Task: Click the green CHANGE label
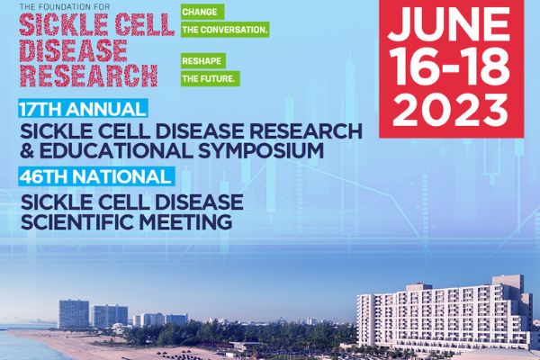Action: point(202,12)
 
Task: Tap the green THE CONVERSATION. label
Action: point(225,30)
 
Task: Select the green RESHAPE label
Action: point(203,61)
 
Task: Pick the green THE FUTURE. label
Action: point(210,79)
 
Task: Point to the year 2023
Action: point(451,110)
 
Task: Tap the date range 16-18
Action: point(451,67)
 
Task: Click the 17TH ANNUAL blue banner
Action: point(83,109)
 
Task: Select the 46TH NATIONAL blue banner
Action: point(96,176)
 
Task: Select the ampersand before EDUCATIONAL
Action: point(27,151)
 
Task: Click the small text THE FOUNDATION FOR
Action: point(65,7)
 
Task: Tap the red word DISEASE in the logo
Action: point(74,50)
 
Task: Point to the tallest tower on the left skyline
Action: point(74,313)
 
